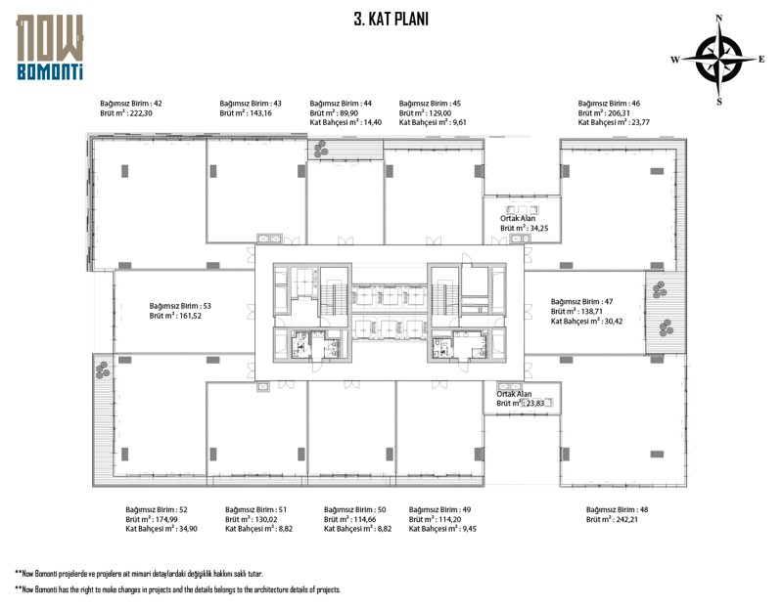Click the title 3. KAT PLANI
tap(391, 19)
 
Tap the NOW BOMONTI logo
tap(50, 46)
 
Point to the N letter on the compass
tap(719, 18)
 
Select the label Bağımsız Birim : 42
tap(131, 104)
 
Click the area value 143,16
tap(258, 113)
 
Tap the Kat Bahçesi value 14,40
tap(373, 123)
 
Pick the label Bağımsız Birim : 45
tap(431, 104)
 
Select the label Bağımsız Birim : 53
tap(180, 306)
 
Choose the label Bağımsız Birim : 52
tap(157, 510)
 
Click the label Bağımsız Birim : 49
tap(440, 510)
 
